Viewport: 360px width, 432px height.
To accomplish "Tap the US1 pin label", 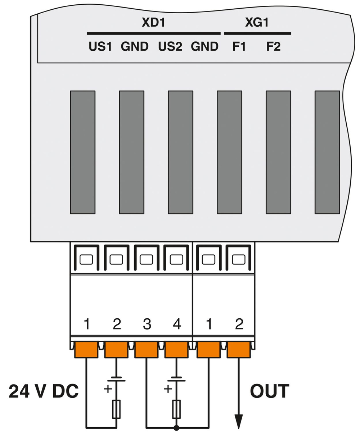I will (100, 46).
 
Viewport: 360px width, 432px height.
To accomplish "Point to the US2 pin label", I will (170, 46).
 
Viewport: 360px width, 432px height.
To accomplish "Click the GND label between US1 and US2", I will (135, 46).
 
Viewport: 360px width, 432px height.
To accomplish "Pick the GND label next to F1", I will (204, 46).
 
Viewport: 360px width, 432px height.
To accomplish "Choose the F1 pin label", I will (239, 46).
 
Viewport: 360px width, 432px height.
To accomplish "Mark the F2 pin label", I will (274, 46).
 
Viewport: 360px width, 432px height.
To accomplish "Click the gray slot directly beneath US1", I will (82, 152).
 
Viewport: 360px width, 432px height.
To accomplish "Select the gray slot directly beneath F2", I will (278, 152).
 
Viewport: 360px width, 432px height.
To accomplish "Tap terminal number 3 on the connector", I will (147, 324).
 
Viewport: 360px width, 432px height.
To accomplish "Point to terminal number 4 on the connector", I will (176, 324).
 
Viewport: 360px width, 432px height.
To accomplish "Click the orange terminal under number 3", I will (147, 350).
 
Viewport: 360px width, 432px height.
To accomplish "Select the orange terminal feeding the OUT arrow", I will (239, 350).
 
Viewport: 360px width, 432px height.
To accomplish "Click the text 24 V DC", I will (44, 392).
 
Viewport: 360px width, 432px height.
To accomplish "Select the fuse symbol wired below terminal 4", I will (176, 409).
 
